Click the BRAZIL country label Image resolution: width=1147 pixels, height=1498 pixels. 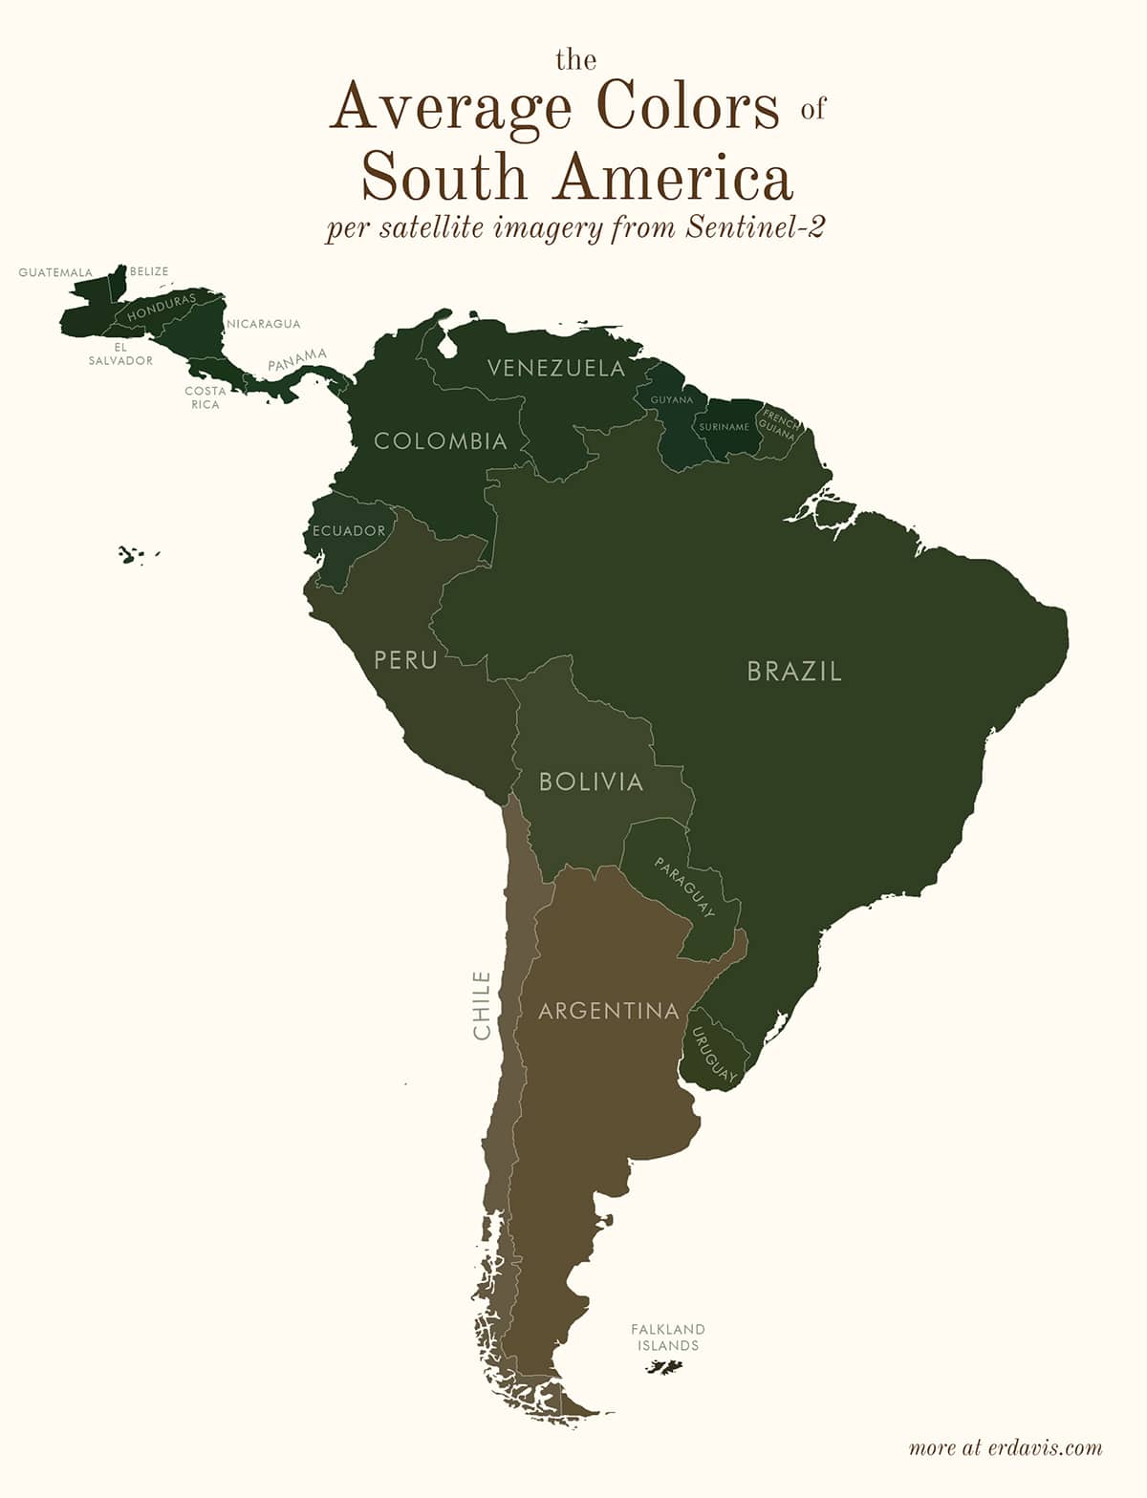pos(794,671)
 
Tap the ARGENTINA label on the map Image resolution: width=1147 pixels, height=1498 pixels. pos(609,1011)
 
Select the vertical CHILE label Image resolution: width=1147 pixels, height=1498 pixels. pos(482,1006)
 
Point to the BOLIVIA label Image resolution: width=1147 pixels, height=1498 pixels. pos(591,781)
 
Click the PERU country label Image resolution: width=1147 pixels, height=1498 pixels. pos(405,659)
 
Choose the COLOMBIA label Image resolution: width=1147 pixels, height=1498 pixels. pos(441,441)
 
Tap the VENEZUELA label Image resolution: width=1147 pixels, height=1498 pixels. pos(555,368)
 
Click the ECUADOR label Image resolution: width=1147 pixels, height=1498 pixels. pos(349,531)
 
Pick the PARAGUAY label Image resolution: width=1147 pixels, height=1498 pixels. pos(684,888)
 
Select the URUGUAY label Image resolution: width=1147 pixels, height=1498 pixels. pos(714,1055)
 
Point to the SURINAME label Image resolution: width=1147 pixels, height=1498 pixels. pos(724,427)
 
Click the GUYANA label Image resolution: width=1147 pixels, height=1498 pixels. pos(671,399)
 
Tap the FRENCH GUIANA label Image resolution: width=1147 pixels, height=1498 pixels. pos(779,425)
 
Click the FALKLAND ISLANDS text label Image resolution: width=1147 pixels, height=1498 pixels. pos(668,1337)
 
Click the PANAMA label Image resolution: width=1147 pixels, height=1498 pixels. pos(297,360)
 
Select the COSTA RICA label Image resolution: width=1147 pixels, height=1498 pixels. pos(206,397)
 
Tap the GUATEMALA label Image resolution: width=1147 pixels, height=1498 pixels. pos(55,272)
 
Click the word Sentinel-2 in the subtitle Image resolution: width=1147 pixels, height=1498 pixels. pos(754,228)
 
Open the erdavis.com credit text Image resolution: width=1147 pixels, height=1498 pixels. pos(1006,1447)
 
